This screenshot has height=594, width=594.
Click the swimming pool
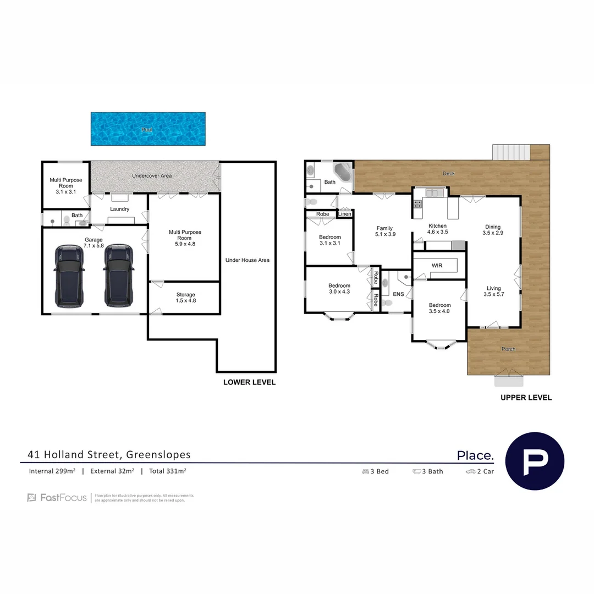(148, 129)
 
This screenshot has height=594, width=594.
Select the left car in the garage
(69, 276)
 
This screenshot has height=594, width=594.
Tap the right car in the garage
(118, 276)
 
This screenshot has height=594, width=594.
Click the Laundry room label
(119, 210)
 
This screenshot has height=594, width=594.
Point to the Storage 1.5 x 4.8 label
(185, 298)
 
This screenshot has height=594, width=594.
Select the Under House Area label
(247, 260)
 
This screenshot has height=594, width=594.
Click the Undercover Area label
(151, 176)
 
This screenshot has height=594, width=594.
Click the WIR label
(437, 266)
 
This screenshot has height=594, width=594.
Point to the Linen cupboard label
(345, 214)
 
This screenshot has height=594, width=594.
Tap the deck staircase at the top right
(511, 151)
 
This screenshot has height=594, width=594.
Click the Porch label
(508, 349)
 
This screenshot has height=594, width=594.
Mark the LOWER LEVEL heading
(249, 382)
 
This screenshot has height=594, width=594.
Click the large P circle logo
(534, 461)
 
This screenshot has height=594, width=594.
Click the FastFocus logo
(57, 498)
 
